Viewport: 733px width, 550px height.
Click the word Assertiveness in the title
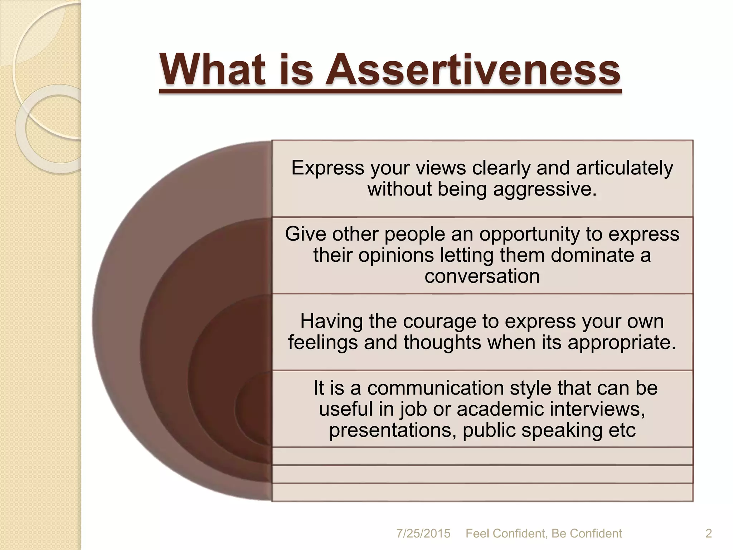point(472,70)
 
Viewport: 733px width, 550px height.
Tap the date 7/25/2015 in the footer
point(423,534)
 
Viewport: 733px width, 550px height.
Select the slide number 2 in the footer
point(708,534)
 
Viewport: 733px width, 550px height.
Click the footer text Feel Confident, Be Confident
point(544,534)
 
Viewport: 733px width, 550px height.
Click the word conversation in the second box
point(482,276)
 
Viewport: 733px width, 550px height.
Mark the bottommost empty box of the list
point(482,492)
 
